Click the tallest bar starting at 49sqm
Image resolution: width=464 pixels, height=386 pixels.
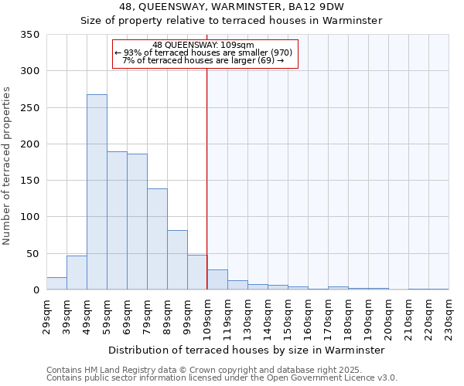(x=97, y=192)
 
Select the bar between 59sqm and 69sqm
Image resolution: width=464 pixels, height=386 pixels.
(x=117, y=221)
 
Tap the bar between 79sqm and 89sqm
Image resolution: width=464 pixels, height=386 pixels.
(x=157, y=239)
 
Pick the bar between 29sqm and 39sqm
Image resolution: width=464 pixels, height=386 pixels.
(x=56, y=283)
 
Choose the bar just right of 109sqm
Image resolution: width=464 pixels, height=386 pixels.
(x=217, y=280)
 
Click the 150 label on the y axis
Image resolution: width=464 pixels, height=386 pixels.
(x=31, y=181)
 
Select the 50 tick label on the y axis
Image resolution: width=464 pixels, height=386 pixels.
(x=33, y=254)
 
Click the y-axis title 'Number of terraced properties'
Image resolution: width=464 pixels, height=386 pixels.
(x=7, y=166)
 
